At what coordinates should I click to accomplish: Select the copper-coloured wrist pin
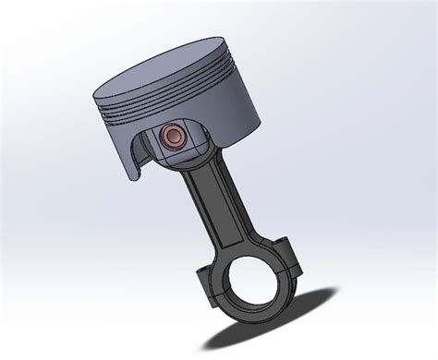pyautogui.click(x=173, y=137)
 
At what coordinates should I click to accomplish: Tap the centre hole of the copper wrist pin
pyautogui.click(x=172, y=137)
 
